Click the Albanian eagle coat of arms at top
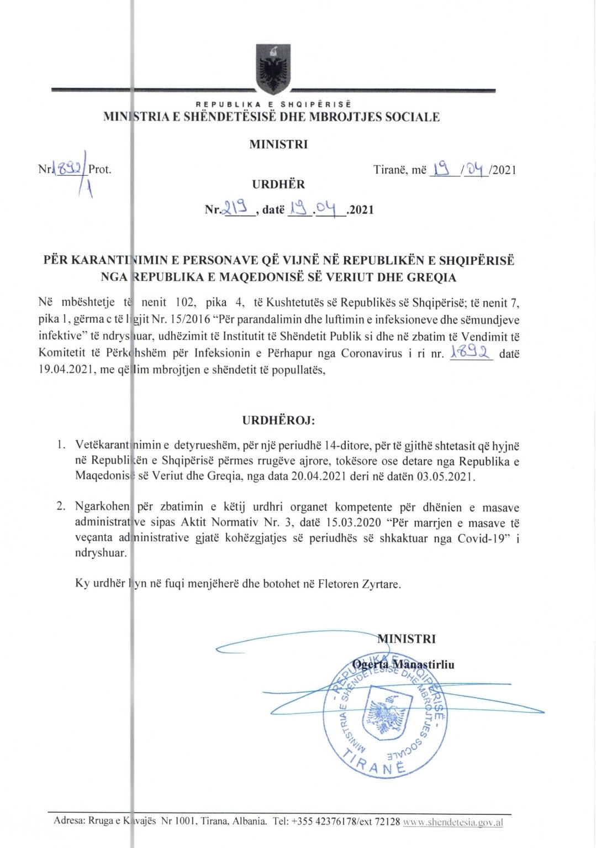pos(273,69)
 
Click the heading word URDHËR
pos(278,185)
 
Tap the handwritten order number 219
pos(238,209)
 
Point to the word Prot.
pos(100,169)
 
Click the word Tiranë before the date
pos(389,170)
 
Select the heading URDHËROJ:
pos(278,420)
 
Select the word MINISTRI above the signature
pos(407,639)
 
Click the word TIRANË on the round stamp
pos(375,765)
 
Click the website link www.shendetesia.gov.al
pos(453,822)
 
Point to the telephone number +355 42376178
pos(324,821)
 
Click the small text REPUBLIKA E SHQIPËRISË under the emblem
pos(273,104)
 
